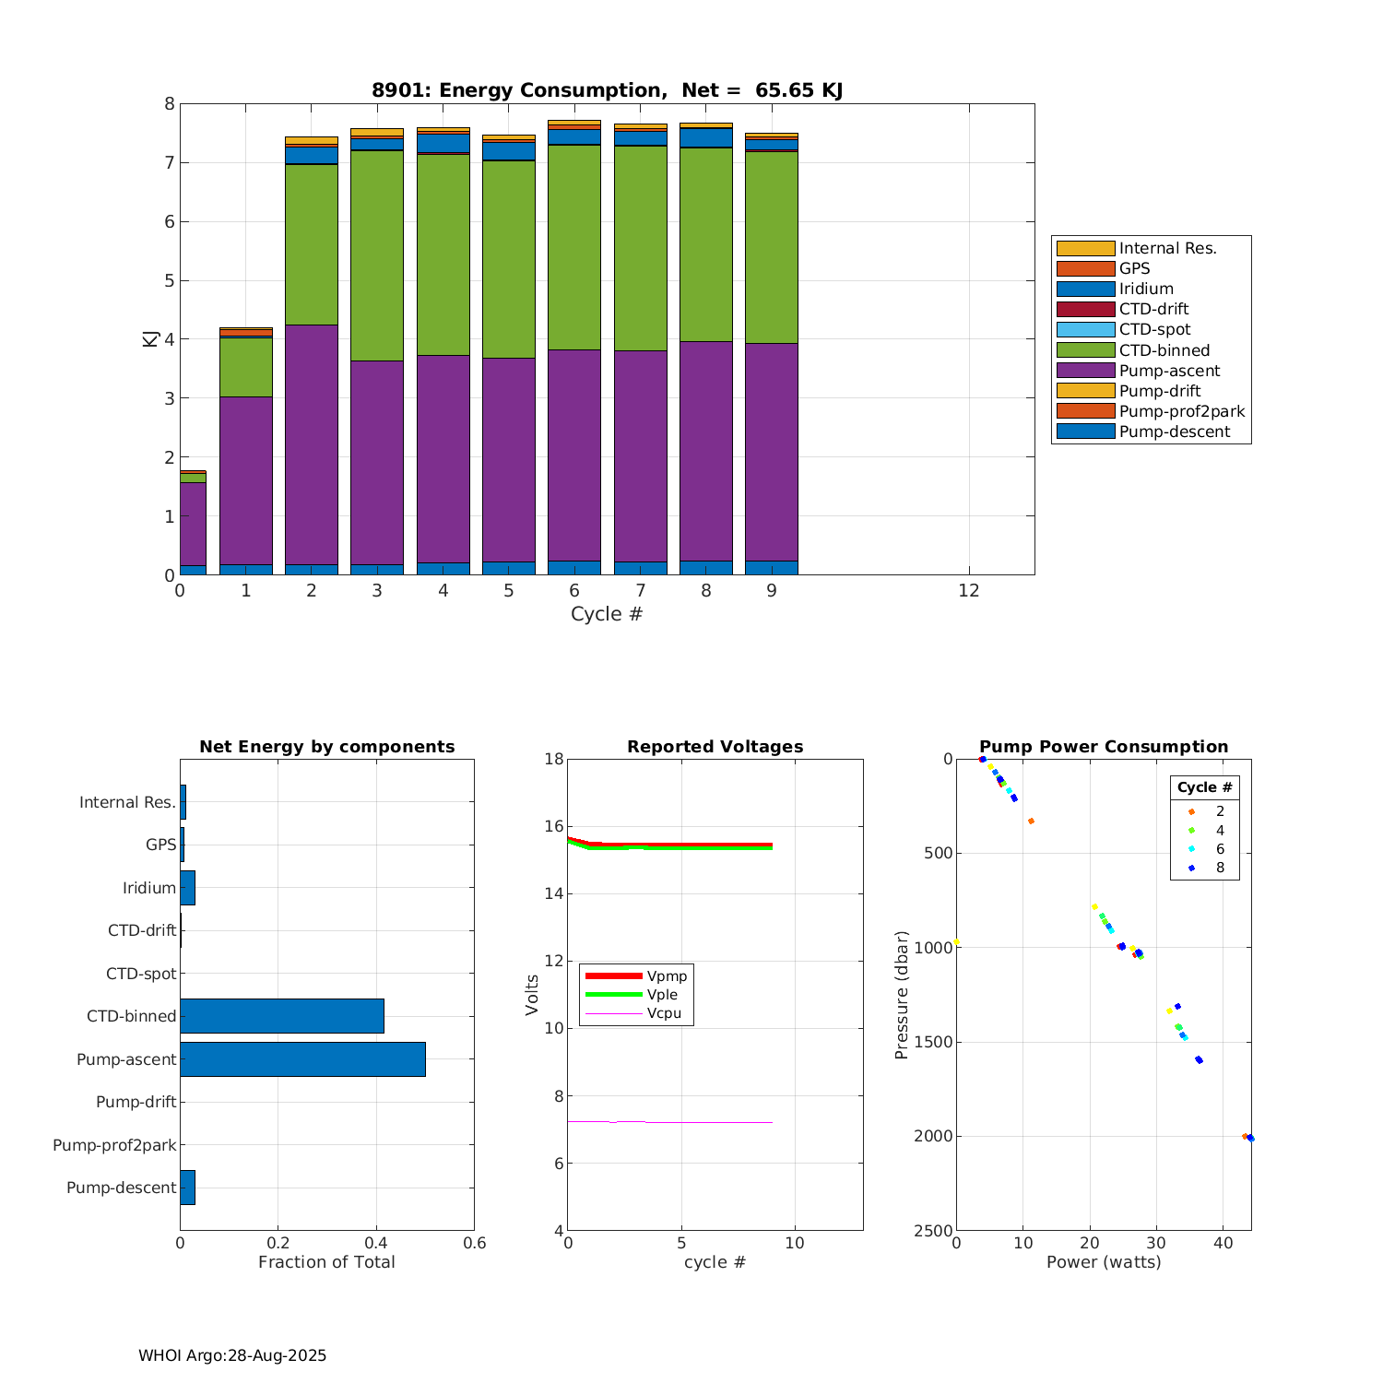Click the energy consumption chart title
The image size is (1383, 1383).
point(607,90)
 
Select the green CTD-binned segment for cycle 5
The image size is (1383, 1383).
point(509,258)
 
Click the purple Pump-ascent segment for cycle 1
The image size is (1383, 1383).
point(246,479)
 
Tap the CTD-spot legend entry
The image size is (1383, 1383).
point(1154,329)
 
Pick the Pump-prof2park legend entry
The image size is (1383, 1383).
point(1181,411)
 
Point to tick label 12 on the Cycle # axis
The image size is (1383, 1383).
point(968,590)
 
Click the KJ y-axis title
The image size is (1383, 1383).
point(149,338)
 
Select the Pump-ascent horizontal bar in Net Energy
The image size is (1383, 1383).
point(302,1059)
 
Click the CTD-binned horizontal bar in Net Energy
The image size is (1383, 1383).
point(281,1016)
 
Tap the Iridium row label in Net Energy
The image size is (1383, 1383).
point(149,888)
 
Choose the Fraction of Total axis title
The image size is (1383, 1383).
point(326,1262)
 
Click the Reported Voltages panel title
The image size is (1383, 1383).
point(715,747)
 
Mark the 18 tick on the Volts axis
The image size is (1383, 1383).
point(553,759)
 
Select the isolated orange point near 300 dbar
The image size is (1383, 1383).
point(1031,821)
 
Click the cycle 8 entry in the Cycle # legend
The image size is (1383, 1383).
point(1220,868)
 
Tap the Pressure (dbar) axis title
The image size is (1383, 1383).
point(902,995)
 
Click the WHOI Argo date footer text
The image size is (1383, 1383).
point(232,1355)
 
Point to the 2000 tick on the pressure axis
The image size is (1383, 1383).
point(932,1136)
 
